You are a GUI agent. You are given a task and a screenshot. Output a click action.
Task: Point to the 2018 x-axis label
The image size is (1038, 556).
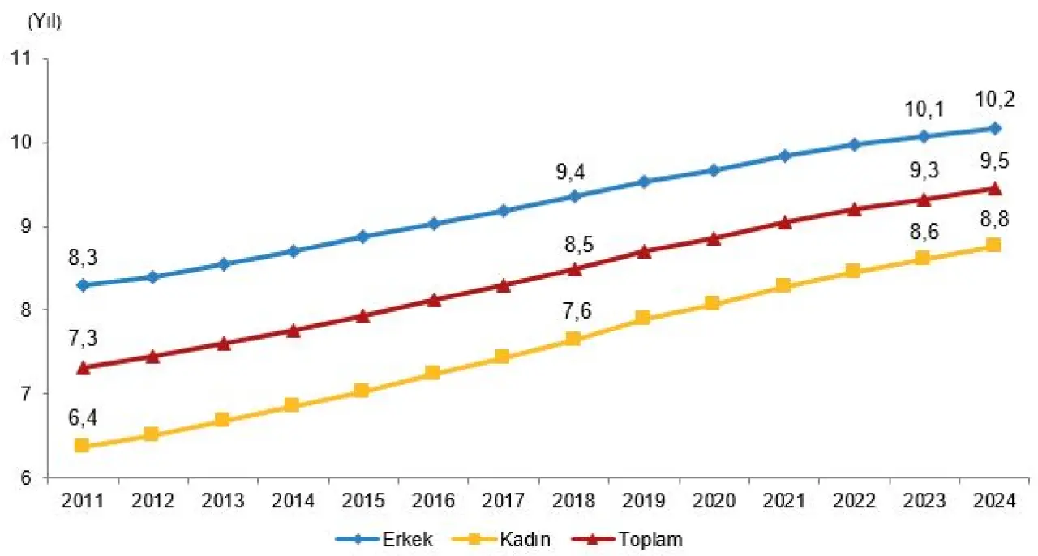click(x=573, y=501)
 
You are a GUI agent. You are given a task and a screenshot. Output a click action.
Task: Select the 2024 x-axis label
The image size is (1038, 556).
click(x=994, y=501)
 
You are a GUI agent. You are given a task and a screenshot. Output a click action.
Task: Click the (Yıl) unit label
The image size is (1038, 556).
click(x=44, y=22)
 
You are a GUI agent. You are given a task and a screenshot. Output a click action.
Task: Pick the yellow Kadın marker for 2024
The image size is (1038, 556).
click(x=993, y=245)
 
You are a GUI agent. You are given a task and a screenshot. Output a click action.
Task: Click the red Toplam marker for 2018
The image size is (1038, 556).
click(x=573, y=269)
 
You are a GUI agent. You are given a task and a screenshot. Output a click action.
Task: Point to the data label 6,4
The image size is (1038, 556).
click(x=82, y=418)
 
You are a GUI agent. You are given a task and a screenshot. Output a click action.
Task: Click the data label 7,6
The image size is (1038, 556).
click(x=573, y=312)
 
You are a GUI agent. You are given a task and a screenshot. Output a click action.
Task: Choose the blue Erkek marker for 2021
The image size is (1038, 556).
click(x=783, y=156)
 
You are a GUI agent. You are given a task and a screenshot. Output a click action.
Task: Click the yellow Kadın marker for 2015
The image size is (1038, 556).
click(x=362, y=391)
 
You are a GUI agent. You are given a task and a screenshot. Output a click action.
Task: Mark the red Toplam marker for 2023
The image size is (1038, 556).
click(x=924, y=199)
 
